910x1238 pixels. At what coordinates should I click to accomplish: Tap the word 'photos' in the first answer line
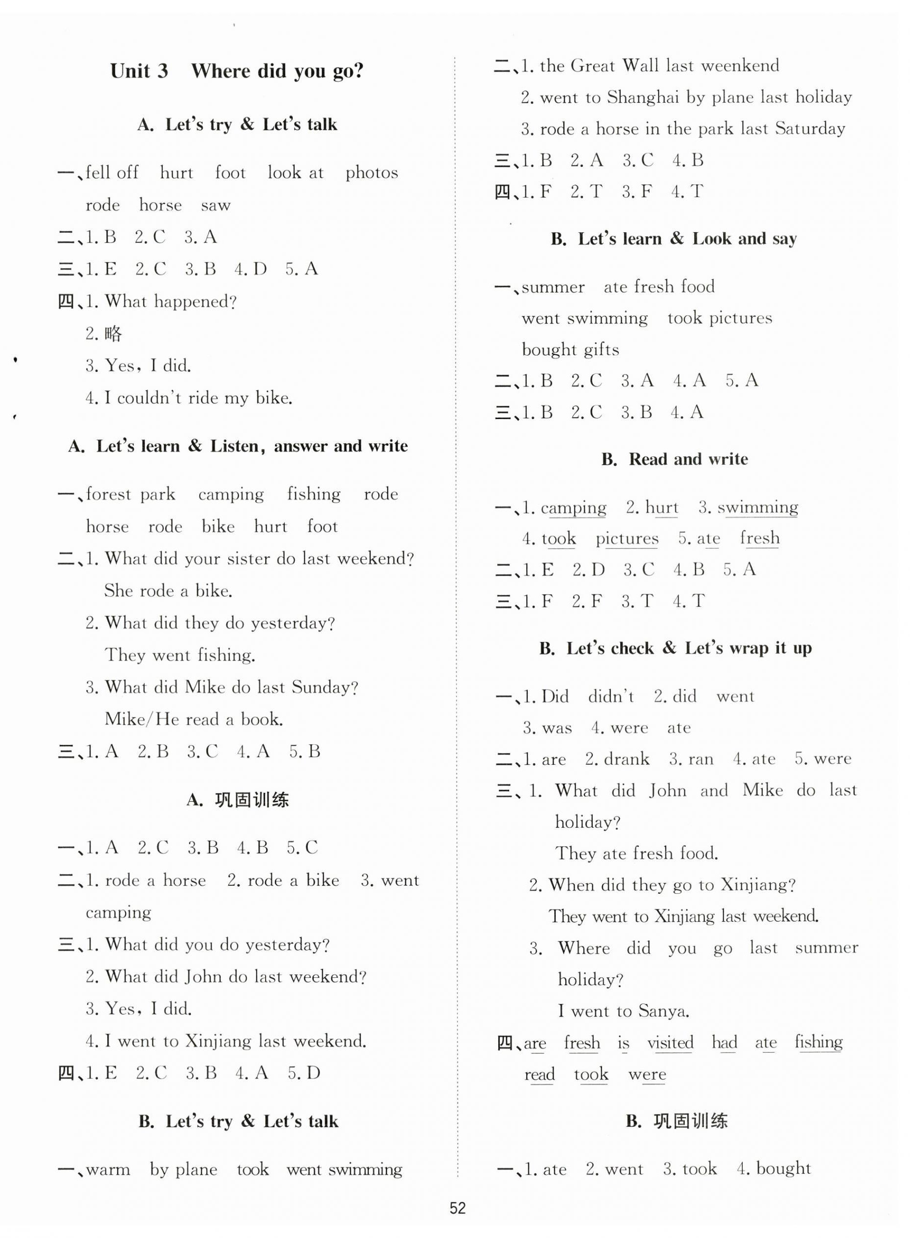tap(371, 173)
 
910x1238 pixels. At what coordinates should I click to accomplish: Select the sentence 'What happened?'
tap(170, 301)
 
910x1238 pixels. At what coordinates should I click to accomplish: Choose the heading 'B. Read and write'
tap(674, 459)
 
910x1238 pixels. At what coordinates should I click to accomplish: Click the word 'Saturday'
tap(810, 129)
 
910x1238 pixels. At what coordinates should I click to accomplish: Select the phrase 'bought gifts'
tap(570, 350)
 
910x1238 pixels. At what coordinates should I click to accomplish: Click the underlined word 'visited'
tap(670, 1043)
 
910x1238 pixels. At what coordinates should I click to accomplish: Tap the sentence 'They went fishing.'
tap(180, 655)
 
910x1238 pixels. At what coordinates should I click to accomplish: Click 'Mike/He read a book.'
tap(193, 719)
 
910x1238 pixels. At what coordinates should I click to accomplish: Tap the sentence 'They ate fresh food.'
tap(636, 853)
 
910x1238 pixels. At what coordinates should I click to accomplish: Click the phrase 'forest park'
tap(131, 494)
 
